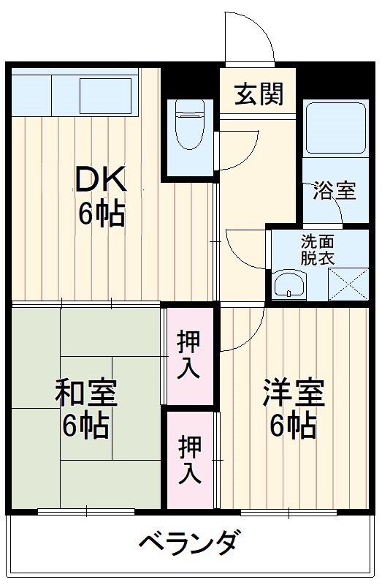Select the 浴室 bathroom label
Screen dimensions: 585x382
[x=335, y=191]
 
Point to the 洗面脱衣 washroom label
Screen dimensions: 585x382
[x=318, y=249]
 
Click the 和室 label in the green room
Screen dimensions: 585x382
[x=86, y=396]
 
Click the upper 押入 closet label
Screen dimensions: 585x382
[x=189, y=355]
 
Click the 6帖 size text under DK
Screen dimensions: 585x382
[x=102, y=215]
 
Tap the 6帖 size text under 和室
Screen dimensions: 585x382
[x=86, y=426]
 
